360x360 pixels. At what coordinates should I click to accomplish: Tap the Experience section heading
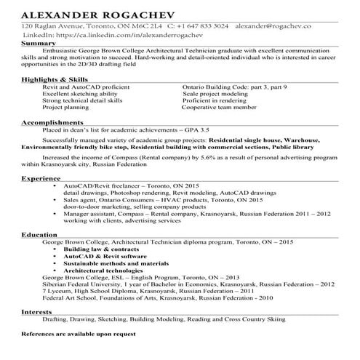click(41, 177)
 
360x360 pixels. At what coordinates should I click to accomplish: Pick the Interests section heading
click(36, 311)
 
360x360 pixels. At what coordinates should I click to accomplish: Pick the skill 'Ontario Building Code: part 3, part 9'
click(234, 87)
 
